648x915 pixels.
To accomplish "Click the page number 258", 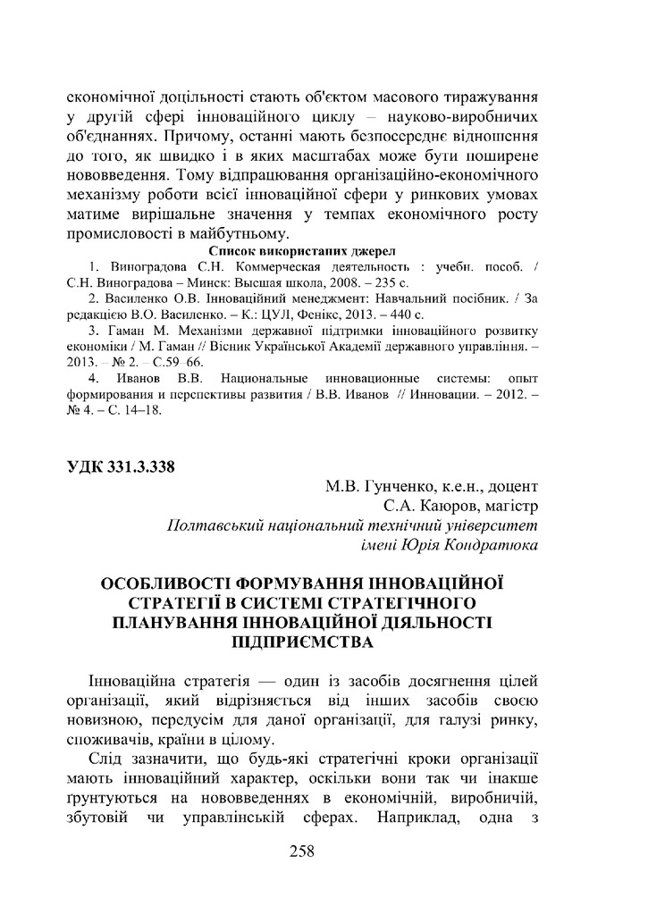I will point(302,851).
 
